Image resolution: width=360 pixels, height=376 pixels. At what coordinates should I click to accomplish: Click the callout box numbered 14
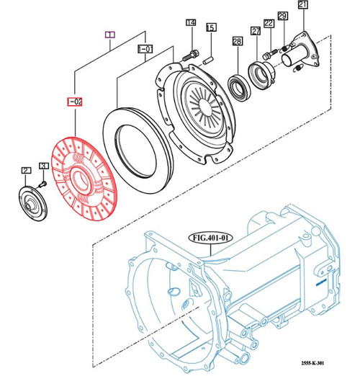191,23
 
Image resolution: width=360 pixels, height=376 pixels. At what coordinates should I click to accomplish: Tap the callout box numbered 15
211,27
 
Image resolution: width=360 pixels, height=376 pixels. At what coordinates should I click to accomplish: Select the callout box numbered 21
302,6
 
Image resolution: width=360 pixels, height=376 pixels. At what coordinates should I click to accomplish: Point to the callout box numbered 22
268,24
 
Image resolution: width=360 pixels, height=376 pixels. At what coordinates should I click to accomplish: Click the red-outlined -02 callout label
75,102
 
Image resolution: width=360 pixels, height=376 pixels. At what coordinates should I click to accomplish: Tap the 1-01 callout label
144,50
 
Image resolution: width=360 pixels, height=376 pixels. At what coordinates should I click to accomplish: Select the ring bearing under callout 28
237,73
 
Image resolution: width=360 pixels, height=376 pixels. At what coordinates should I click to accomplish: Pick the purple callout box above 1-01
110,34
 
